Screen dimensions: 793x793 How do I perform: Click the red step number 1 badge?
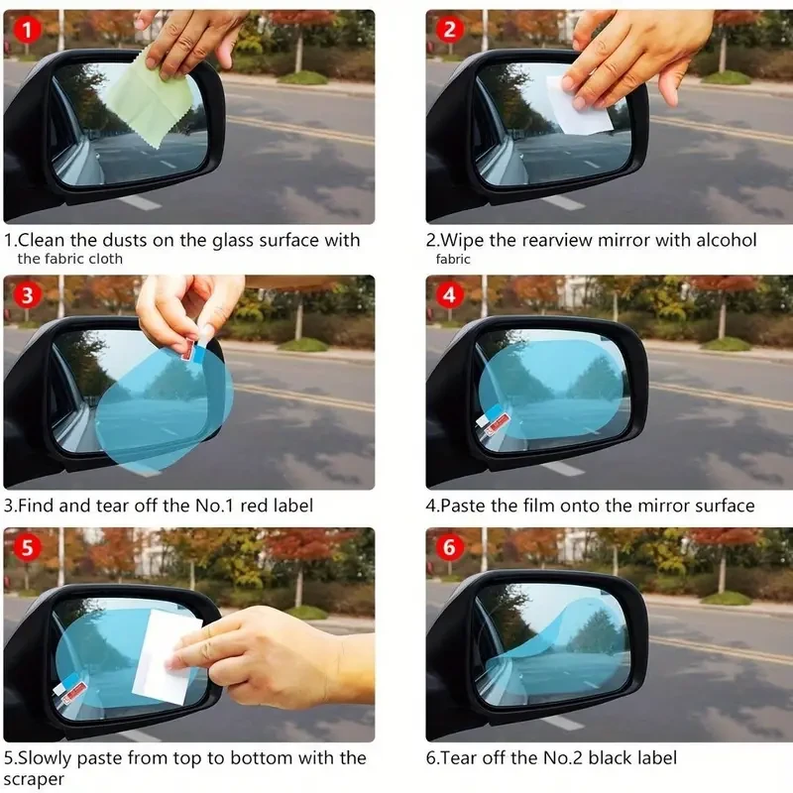tap(28, 30)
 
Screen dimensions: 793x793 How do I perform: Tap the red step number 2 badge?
tap(449, 30)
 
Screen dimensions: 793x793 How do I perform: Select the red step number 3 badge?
tap(28, 294)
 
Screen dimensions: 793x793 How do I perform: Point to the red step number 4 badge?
tap(449, 294)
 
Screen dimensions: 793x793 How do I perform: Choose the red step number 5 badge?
tap(28, 547)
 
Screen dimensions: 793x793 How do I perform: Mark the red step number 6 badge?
tap(449, 547)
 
